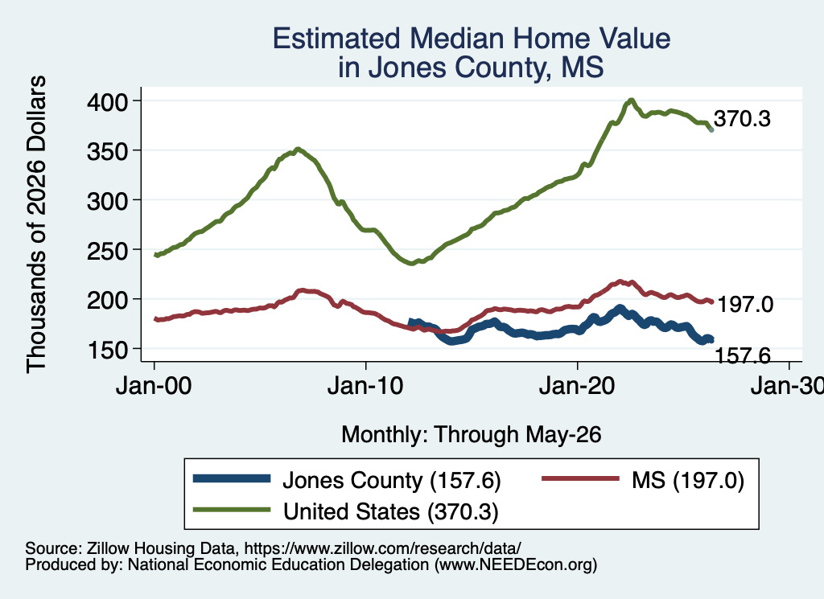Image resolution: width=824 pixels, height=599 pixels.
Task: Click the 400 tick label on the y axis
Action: (x=107, y=102)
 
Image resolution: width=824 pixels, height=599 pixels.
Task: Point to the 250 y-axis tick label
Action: (x=107, y=250)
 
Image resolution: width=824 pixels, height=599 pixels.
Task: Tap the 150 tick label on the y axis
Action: (x=107, y=351)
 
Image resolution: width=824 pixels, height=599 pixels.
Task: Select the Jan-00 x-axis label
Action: (x=154, y=386)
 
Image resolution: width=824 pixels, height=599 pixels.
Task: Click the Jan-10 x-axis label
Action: (x=365, y=386)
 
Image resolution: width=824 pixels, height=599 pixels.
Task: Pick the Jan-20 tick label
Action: (x=577, y=386)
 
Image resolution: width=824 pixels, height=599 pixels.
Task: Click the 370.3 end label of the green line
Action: (x=742, y=119)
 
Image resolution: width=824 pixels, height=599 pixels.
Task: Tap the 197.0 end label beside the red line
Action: (x=745, y=305)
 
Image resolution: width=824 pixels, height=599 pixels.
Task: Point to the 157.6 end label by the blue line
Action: (x=743, y=356)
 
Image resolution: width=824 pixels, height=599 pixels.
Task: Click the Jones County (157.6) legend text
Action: (x=392, y=480)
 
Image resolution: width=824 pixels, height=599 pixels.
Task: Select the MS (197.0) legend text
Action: (x=688, y=480)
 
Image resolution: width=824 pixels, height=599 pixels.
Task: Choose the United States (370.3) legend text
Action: (x=390, y=512)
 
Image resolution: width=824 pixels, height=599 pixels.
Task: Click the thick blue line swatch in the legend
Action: (x=232, y=478)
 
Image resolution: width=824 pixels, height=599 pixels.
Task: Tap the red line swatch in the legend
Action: (x=580, y=478)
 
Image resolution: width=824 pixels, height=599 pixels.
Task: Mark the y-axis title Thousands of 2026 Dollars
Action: (x=36, y=224)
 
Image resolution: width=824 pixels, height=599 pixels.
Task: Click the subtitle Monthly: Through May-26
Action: (x=472, y=435)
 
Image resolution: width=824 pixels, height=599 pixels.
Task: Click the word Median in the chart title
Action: (x=457, y=39)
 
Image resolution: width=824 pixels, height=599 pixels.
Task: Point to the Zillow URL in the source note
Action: (x=382, y=548)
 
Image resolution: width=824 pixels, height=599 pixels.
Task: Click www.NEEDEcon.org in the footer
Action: (x=516, y=564)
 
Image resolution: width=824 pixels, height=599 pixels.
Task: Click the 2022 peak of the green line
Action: (x=631, y=100)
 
